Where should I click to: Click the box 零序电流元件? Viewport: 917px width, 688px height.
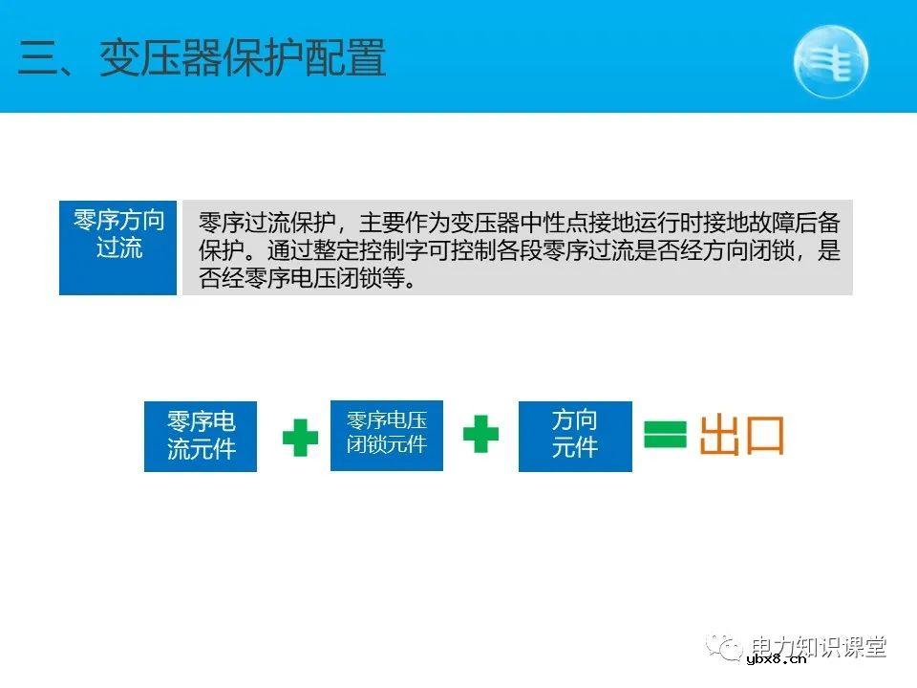pos(201,436)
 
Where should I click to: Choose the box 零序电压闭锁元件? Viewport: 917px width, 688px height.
pos(387,434)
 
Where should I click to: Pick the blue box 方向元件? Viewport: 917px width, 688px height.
pos(574,435)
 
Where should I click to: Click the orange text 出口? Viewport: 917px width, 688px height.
pos(742,435)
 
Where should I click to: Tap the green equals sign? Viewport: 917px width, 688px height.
pos(665,435)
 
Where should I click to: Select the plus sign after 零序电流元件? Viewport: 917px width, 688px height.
pos(300,436)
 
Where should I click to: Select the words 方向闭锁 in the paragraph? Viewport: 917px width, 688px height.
pos(747,252)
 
